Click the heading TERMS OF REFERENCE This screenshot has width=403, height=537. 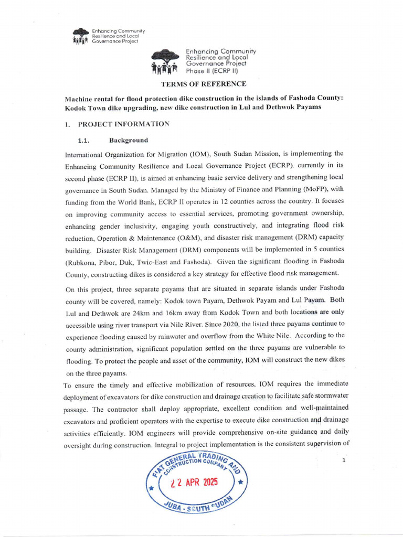coord(204,84)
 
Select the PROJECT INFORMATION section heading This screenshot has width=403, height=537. coord(123,124)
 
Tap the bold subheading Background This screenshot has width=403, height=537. coord(129,141)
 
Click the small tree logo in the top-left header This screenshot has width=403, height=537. coord(81,36)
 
